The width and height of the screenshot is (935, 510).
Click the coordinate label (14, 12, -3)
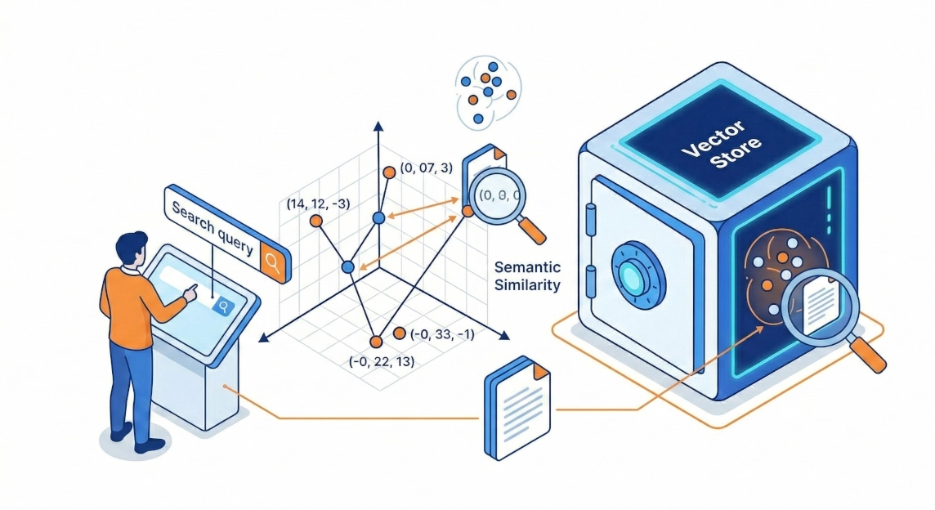pyautogui.click(x=318, y=203)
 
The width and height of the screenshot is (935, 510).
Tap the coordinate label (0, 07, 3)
pyautogui.click(x=426, y=168)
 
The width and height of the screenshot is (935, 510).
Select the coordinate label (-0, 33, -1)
pyautogui.click(x=441, y=333)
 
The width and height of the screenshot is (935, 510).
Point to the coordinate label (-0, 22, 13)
pyautogui.click(x=381, y=360)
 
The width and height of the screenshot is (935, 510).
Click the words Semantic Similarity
pyautogui.click(x=528, y=276)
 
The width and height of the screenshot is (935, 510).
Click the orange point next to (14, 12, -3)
pyautogui.click(x=315, y=221)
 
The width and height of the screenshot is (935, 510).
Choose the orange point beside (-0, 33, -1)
pyautogui.click(x=400, y=333)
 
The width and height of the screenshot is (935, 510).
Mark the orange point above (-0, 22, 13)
pyautogui.click(x=375, y=342)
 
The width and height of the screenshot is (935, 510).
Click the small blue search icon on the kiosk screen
pyautogui.click(x=221, y=306)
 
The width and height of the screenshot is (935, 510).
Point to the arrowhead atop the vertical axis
pyautogui.click(x=378, y=126)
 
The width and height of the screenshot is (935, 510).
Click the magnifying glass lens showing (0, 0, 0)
pyautogui.click(x=497, y=195)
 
